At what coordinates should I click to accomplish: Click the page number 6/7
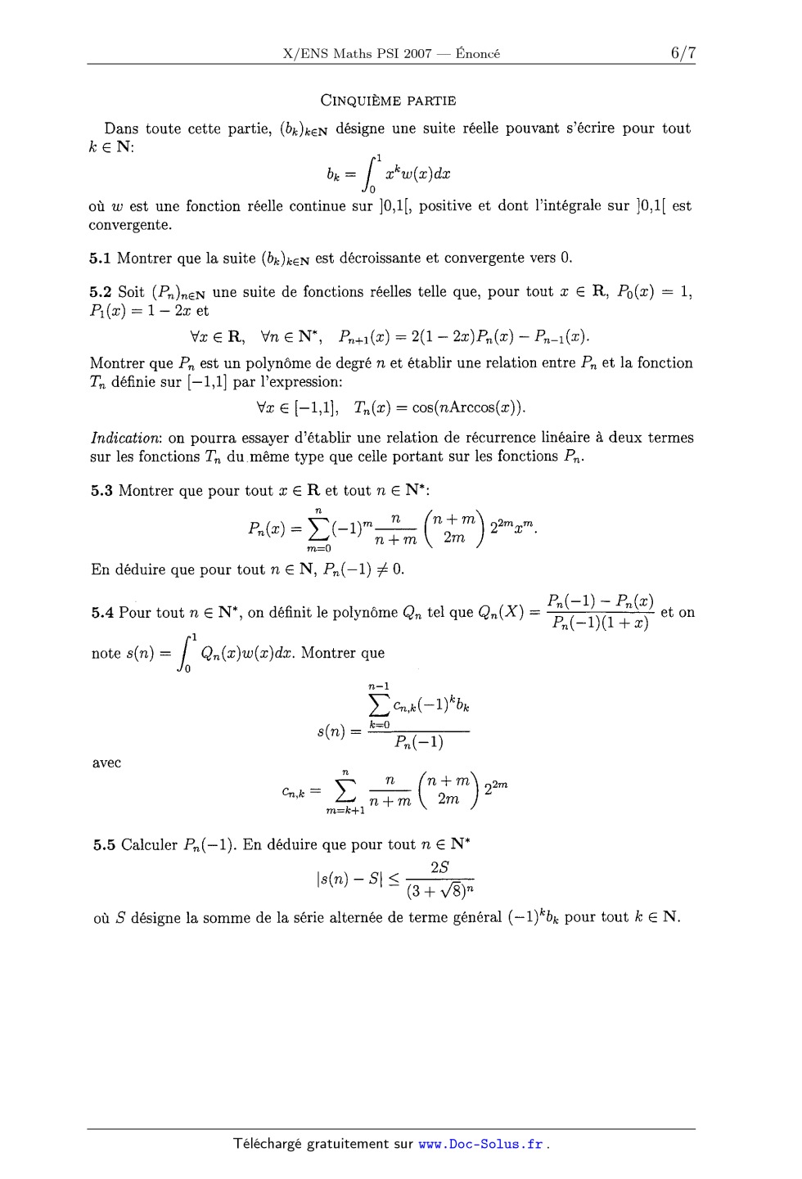[683, 53]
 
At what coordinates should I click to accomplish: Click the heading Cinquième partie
[388, 101]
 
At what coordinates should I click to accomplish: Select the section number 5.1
[100, 259]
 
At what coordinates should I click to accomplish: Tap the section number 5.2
[101, 292]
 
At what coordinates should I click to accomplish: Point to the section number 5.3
[101, 491]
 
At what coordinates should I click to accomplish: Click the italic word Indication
[127, 438]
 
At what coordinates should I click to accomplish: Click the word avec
[106, 763]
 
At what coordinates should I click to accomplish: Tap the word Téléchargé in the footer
[267, 1144]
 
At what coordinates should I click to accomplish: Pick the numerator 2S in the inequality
[439, 868]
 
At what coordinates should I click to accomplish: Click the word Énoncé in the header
[478, 54]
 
